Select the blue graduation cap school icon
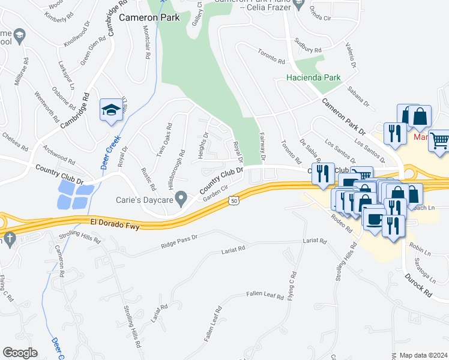110,110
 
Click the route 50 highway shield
234,202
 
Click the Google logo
20,353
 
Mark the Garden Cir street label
216,193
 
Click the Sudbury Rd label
308,46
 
